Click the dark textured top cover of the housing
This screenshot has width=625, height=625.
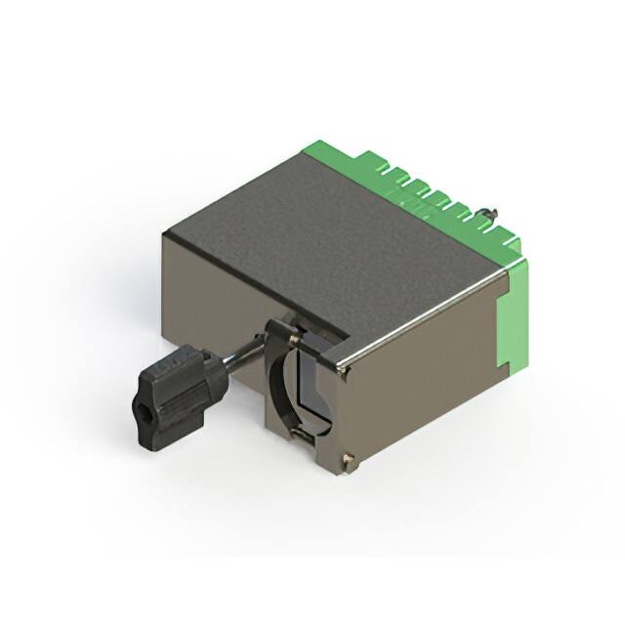coord(322,244)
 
